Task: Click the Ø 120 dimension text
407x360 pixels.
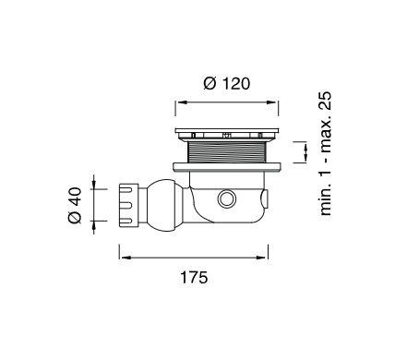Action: point(226,83)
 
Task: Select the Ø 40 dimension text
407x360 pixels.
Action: point(76,204)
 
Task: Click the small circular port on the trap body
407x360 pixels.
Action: point(225,199)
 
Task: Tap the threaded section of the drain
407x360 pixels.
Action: point(226,152)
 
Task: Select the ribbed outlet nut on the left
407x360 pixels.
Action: point(129,203)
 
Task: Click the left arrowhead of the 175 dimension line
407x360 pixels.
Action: point(122,256)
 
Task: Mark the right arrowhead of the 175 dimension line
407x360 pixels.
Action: point(264,256)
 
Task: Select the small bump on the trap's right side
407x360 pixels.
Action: point(269,198)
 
